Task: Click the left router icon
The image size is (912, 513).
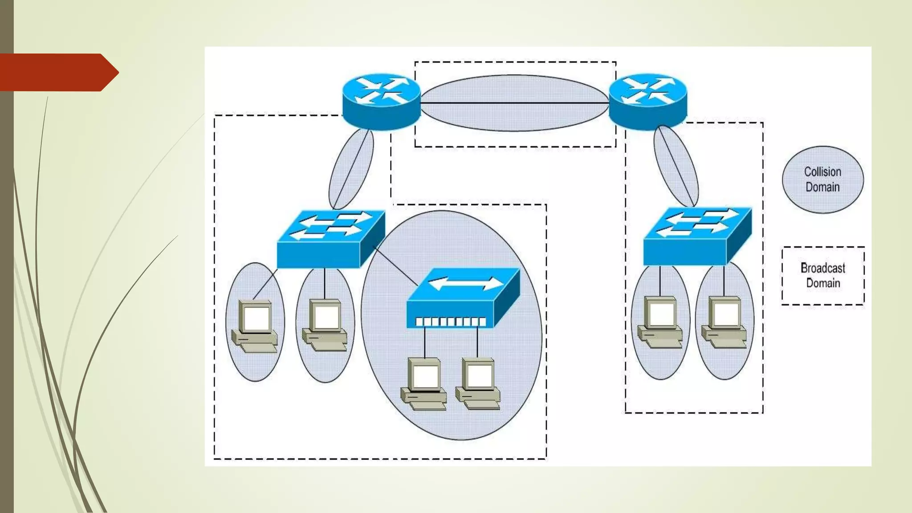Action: pyautogui.click(x=381, y=102)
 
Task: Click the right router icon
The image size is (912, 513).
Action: pyautogui.click(x=647, y=102)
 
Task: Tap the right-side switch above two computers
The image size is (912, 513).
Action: pyautogui.click(x=697, y=236)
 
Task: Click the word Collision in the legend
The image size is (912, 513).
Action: pyautogui.click(x=822, y=172)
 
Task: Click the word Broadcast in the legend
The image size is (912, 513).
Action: pyautogui.click(x=822, y=268)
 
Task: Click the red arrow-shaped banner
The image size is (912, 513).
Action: pyautogui.click(x=56, y=73)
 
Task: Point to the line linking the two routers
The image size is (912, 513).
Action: pyautogui.click(x=514, y=103)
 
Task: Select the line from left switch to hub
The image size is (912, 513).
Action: pyautogui.click(x=395, y=266)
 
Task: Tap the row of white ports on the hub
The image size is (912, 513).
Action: pyautogui.click(x=450, y=322)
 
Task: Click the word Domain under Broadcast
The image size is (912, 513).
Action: pyautogui.click(x=823, y=283)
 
